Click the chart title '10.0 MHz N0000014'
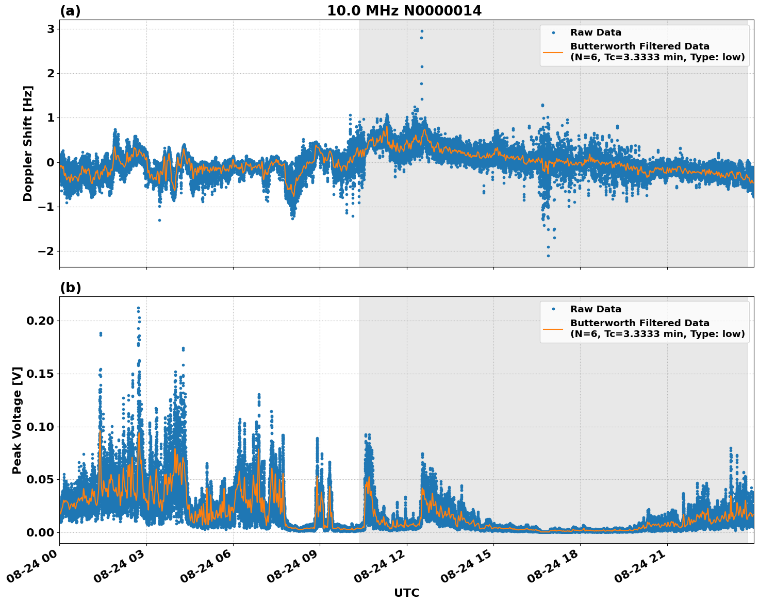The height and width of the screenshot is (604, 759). tap(404, 11)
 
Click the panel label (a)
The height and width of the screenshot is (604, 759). tap(70, 11)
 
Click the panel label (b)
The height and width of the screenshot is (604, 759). tap(70, 288)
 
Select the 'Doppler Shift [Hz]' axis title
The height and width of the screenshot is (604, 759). tap(28, 143)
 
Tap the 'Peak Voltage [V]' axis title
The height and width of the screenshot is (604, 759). tap(17, 420)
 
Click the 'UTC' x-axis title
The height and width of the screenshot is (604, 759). tap(406, 593)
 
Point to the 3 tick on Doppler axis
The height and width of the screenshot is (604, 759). tap(51, 29)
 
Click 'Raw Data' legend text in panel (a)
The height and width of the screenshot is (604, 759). tap(596, 33)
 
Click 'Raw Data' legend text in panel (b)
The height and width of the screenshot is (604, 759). tap(596, 309)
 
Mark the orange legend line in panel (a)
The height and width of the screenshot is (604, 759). tap(553, 52)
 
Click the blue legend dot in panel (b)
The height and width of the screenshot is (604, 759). tap(553, 309)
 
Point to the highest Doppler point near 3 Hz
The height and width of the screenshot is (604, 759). tap(422, 31)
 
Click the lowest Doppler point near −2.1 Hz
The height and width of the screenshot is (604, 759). tap(548, 256)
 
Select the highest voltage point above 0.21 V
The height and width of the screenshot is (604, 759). tap(138, 308)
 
